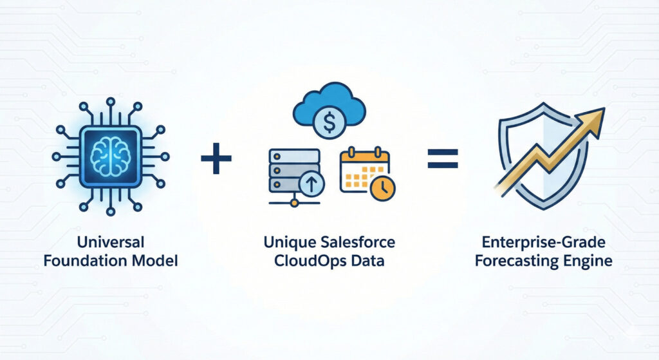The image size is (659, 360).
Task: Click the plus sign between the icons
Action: pos(216,158)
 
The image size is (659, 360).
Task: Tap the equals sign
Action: pos(443,158)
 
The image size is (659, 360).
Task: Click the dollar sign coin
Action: pos(329,124)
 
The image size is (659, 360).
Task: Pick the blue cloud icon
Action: pos(329,103)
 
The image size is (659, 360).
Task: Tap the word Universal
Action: pos(111,243)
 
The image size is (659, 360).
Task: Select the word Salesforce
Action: pos(360,243)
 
